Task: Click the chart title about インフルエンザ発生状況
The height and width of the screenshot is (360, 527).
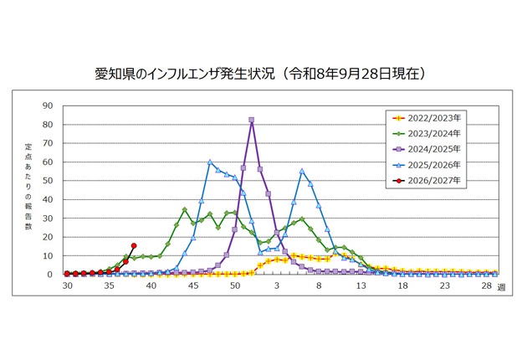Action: click(x=260, y=74)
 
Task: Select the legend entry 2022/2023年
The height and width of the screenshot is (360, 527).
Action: click(x=427, y=118)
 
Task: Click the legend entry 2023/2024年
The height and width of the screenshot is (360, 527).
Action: click(x=427, y=134)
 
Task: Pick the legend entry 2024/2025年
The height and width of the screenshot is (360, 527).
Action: click(x=427, y=149)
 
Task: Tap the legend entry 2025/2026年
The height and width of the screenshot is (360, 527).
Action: click(x=427, y=165)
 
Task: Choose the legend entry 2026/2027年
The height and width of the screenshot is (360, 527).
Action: click(x=427, y=180)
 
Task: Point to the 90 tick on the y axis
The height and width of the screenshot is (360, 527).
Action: click(x=48, y=105)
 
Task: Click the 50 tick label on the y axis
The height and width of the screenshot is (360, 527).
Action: click(x=48, y=181)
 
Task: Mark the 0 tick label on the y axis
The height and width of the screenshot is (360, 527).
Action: click(x=50, y=275)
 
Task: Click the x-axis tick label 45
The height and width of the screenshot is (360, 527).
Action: click(x=193, y=285)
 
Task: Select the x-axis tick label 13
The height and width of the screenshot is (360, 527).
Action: click(x=361, y=285)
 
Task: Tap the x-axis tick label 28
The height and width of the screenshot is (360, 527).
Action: click(x=486, y=285)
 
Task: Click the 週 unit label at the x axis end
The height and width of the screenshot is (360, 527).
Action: click(x=501, y=287)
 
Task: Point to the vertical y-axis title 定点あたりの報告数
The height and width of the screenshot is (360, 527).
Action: click(x=28, y=187)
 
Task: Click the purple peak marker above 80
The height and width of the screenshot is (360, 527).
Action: click(x=252, y=120)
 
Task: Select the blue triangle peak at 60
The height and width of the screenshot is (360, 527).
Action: click(x=210, y=162)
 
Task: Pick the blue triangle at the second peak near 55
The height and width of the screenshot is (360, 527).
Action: click(x=302, y=171)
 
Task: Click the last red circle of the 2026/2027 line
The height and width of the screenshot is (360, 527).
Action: click(x=134, y=245)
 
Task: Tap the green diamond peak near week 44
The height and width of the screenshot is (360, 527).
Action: click(x=185, y=209)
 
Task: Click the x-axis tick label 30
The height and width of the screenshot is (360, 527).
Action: click(x=67, y=285)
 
